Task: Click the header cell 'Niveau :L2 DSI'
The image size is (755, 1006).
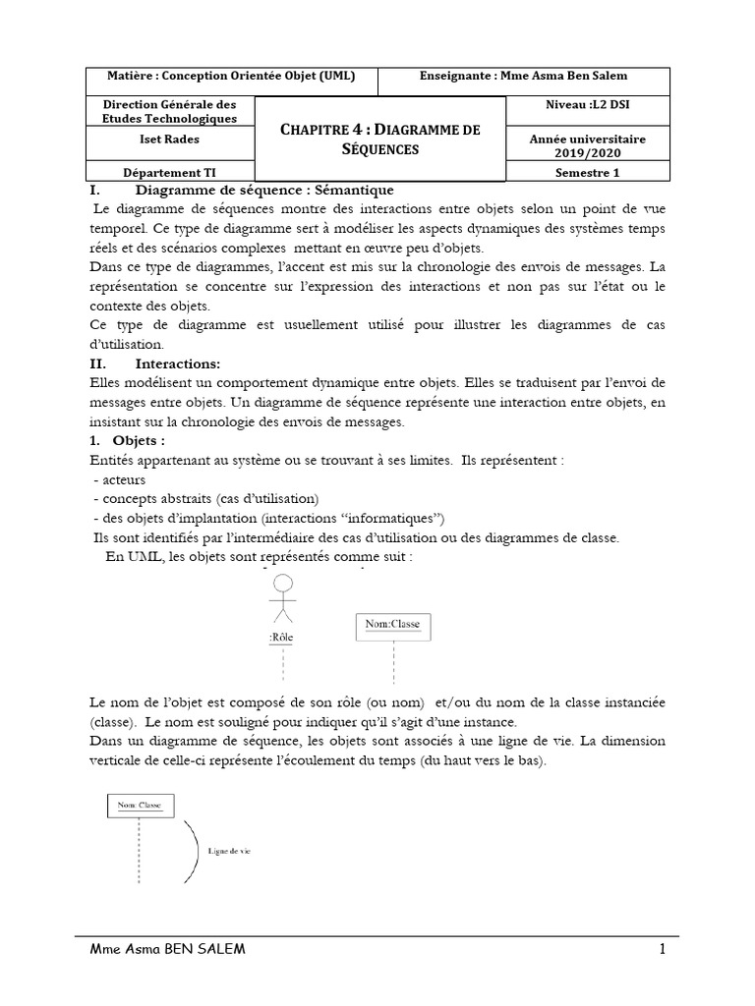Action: point(586,105)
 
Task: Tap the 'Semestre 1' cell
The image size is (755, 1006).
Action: point(586,173)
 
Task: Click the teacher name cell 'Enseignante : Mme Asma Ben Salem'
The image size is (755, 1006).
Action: point(522,77)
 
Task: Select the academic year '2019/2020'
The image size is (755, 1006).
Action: point(587,153)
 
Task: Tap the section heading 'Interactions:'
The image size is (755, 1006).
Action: point(178,363)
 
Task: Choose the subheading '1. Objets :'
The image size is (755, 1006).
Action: point(133,440)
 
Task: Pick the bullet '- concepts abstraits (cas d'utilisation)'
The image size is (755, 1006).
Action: point(206,498)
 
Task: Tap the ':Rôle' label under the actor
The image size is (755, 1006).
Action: point(281,638)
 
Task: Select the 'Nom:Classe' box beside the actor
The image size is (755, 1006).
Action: point(392,624)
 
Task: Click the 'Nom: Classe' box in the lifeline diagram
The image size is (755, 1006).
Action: point(140,806)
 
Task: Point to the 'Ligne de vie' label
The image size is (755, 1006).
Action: point(229,851)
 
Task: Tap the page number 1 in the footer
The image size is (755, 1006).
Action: point(664,949)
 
